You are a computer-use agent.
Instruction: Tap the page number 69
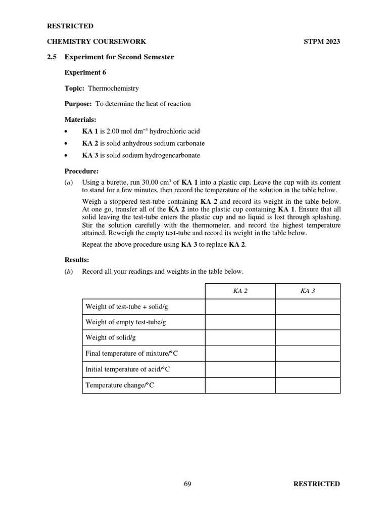pos(187,484)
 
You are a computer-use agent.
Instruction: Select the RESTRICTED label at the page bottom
pos(316,484)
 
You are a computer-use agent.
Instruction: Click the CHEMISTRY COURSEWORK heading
pos(96,41)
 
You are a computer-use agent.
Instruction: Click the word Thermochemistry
pos(113,88)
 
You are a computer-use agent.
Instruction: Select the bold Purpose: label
pos(78,104)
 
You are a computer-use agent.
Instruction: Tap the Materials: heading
pos(80,119)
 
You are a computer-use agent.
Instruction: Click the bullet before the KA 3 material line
pos(67,156)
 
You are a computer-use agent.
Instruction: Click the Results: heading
pos(77,260)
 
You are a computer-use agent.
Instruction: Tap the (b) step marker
pos(68,272)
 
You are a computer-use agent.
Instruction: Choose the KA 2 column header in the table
pos(239,291)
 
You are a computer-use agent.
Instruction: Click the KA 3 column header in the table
pos(307,291)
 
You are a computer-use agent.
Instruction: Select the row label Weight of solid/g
pos(111,337)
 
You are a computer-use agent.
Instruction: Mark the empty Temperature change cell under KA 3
pos(307,385)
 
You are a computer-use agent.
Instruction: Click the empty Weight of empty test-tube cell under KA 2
pos(239,322)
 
